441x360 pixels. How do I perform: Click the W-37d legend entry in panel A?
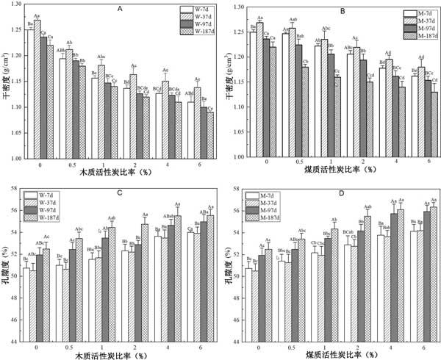click(x=193, y=17)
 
